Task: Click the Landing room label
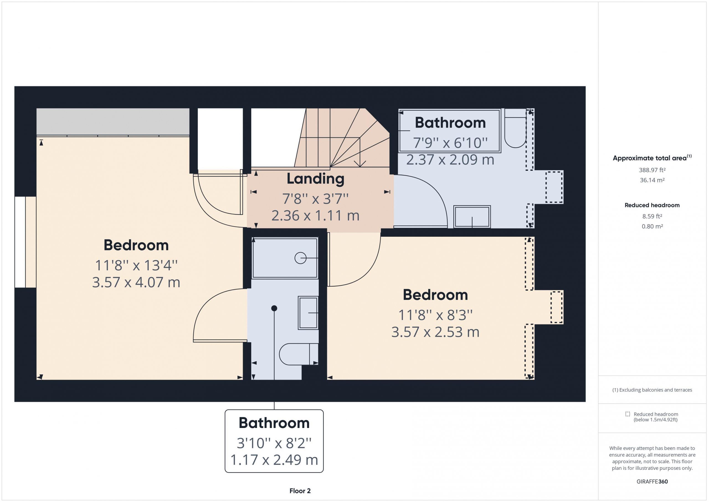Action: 315,179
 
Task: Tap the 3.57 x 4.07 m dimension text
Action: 136,282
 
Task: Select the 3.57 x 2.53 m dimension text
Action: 435,332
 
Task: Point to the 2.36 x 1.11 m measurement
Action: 315,215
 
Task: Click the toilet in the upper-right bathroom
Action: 515,128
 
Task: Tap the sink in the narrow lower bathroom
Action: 308,313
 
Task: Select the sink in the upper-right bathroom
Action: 472,217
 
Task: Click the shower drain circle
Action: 300,258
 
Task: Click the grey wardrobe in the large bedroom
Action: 113,122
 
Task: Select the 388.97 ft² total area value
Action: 652,170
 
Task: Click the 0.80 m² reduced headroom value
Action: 652,226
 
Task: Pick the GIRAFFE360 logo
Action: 652,481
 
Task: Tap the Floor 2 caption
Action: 300,491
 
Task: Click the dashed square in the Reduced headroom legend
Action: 628,414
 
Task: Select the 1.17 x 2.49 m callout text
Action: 274,460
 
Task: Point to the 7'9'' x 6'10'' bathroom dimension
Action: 450,143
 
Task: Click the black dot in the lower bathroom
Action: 274,308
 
